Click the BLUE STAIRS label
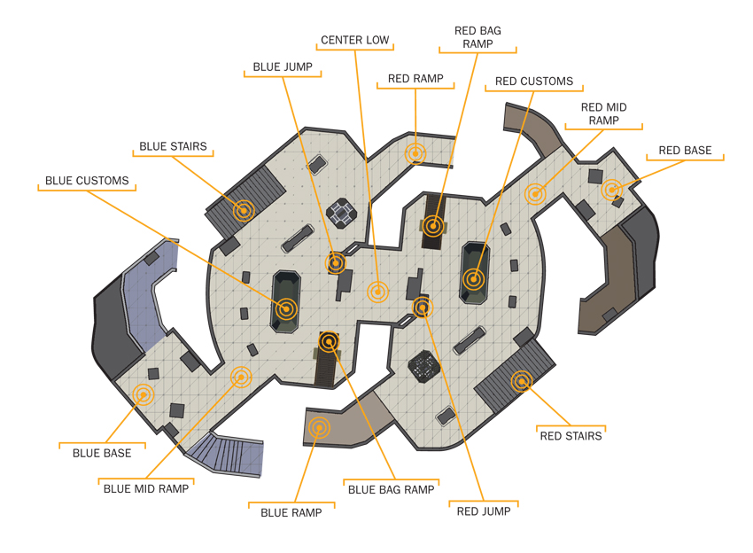click(173, 146)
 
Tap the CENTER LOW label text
click(355, 40)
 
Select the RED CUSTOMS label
click(534, 82)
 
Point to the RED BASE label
click(685, 151)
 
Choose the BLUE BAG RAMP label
click(391, 489)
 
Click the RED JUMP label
click(484, 511)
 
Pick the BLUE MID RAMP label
click(146, 488)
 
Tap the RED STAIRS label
click(571, 436)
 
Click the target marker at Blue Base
click(143, 395)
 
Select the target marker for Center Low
click(377, 292)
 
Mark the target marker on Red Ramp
click(415, 153)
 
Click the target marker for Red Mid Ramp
click(535, 194)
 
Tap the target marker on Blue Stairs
click(244, 210)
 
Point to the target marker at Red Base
click(611, 190)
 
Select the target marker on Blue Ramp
click(319, 427)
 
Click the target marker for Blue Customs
click(286, 308)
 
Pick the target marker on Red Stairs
click(522, 381)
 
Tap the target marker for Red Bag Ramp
click(433, 226)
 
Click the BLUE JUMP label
click(283, 66)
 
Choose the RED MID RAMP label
click(603, 113)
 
